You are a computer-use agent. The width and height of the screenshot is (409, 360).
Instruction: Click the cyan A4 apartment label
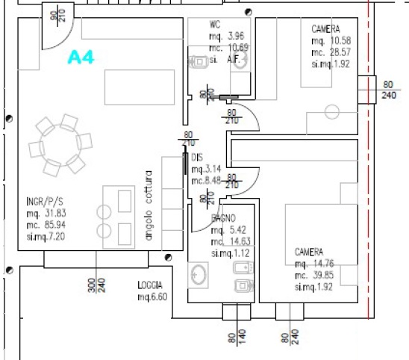tap(81, 58)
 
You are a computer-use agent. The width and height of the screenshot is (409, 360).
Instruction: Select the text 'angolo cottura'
tap(149, 205)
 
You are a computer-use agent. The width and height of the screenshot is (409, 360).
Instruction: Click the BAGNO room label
tap(223, 218)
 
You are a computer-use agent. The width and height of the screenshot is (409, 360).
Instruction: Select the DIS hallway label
tap(197, 158)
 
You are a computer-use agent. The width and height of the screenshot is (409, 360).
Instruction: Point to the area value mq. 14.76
tap(318, 264)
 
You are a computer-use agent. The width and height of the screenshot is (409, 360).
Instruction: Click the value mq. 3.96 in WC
tap(227, 36)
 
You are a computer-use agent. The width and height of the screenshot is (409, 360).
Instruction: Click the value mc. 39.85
tap(318, 276)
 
